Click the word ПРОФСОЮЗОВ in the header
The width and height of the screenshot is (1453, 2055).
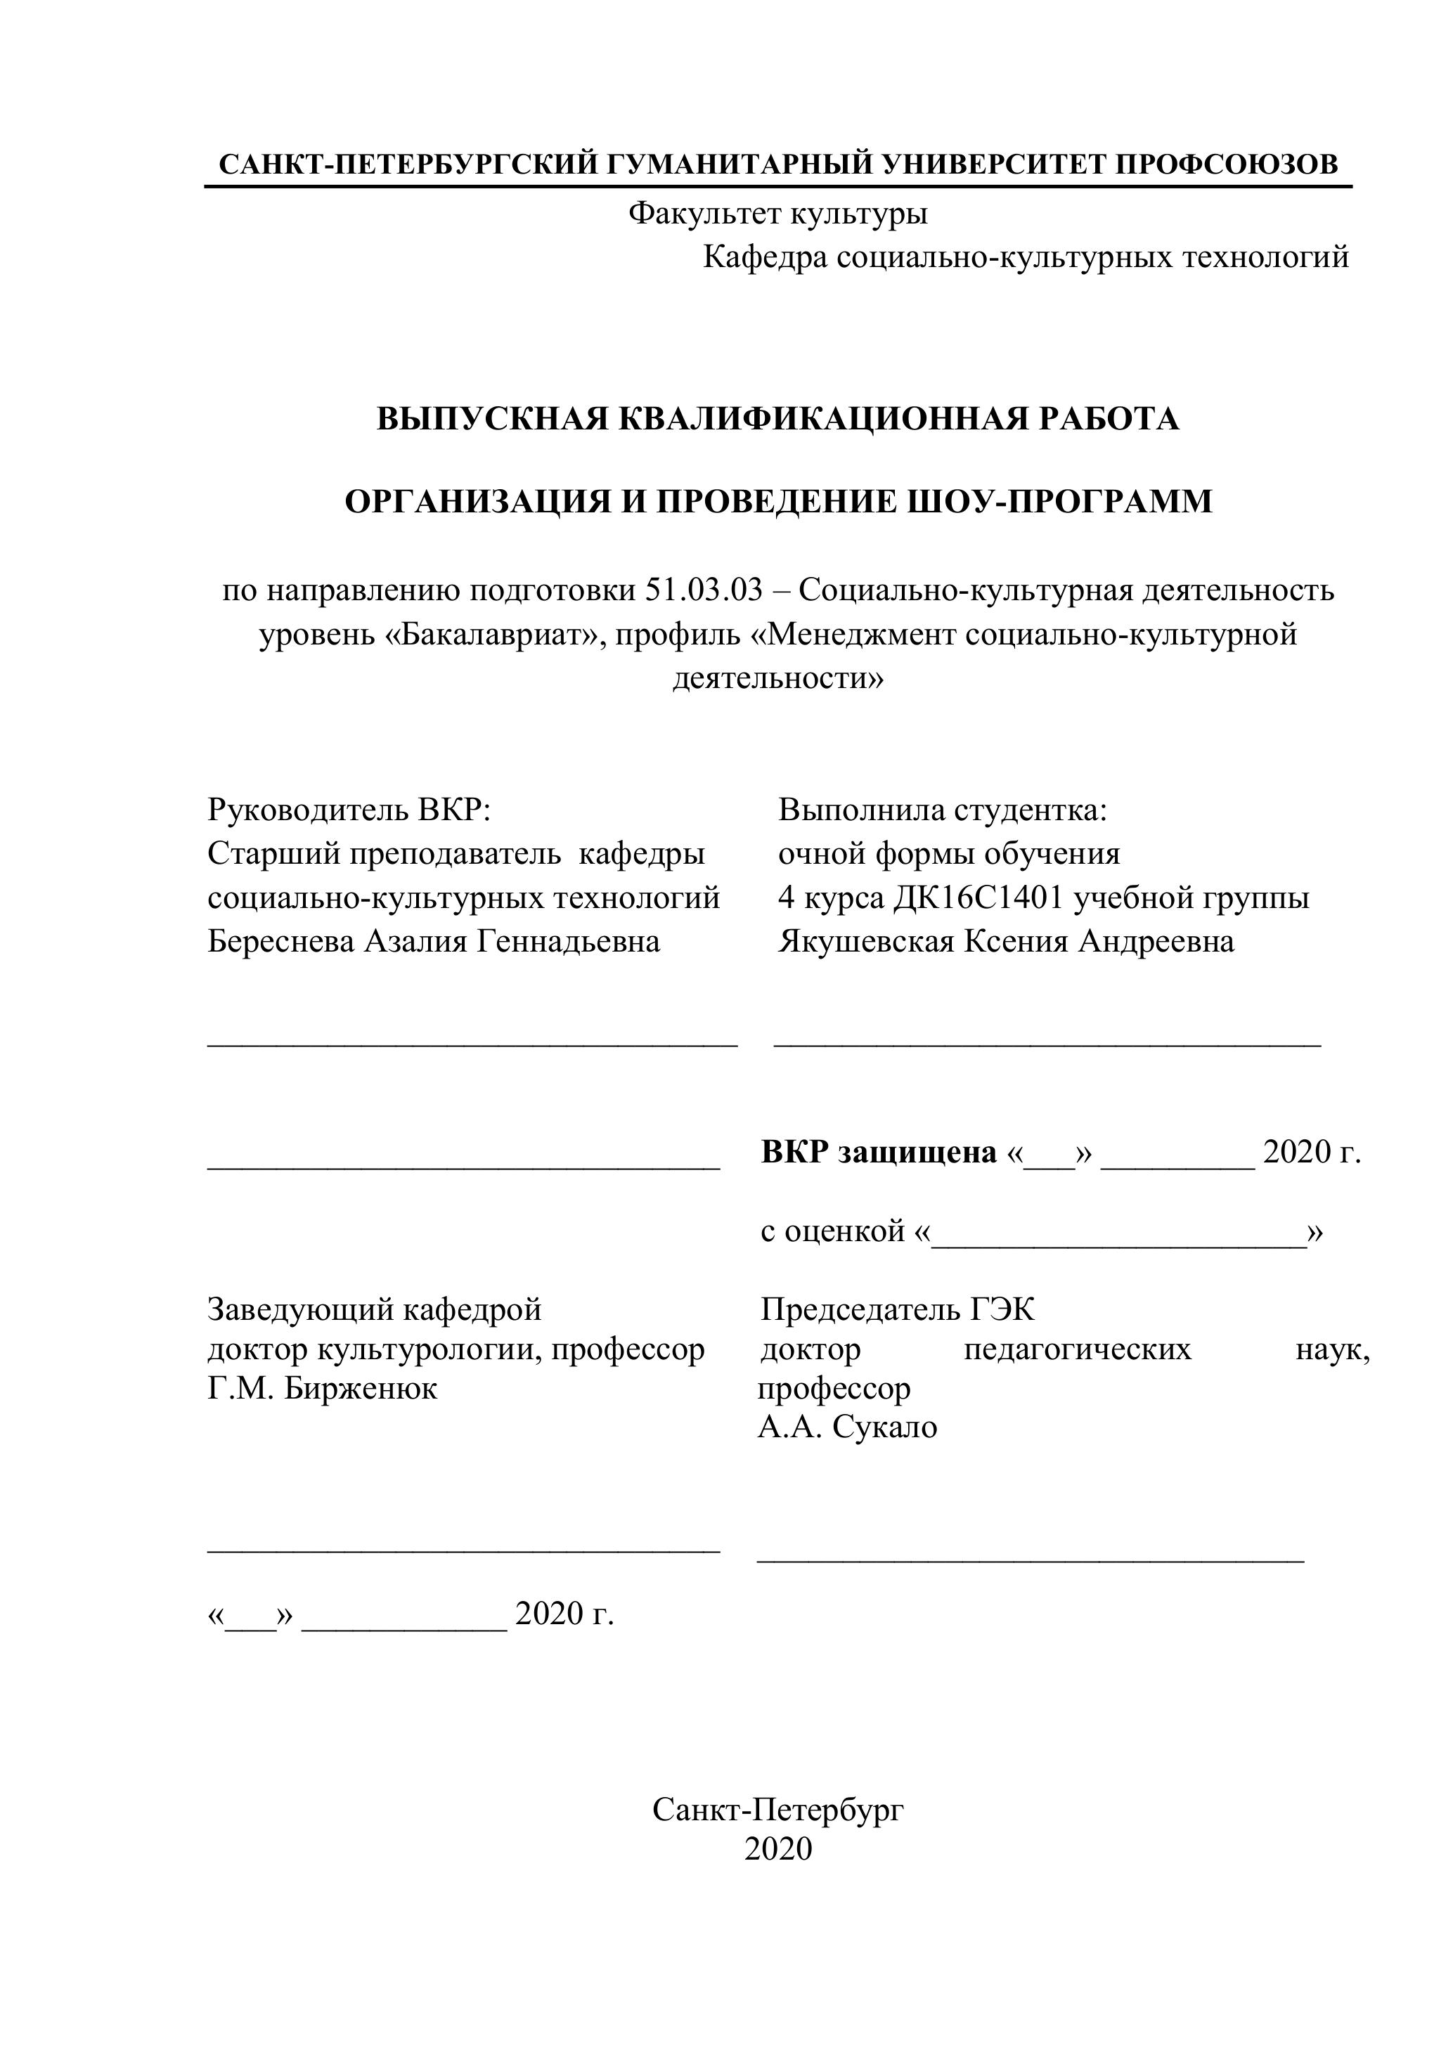tap(1227, 164)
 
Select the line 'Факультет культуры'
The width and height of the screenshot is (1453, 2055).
tap(777, 213)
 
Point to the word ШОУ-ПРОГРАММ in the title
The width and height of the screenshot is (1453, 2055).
tap(1060, 501)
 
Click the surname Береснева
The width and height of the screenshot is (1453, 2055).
tap(280, 942)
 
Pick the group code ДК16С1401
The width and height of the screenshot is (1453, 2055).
tap(979, 897)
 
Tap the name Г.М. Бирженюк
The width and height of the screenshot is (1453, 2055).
tap(322, 1389)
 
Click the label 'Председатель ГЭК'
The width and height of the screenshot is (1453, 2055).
tap(897, 1310)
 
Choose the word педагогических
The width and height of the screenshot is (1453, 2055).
tap(1077, 1349)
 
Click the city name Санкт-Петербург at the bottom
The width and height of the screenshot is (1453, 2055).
tap(777, 1810)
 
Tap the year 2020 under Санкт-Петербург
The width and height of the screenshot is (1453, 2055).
tap(777, 1849)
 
